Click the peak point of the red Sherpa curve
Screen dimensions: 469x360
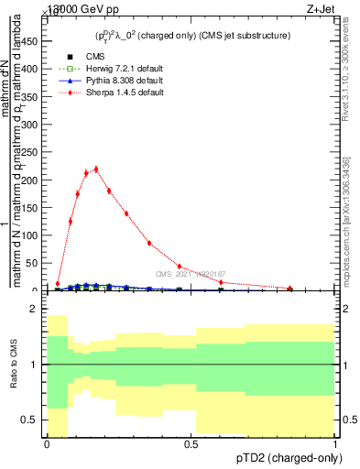point(96,169)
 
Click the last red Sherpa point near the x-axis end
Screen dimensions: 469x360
point(289,289)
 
